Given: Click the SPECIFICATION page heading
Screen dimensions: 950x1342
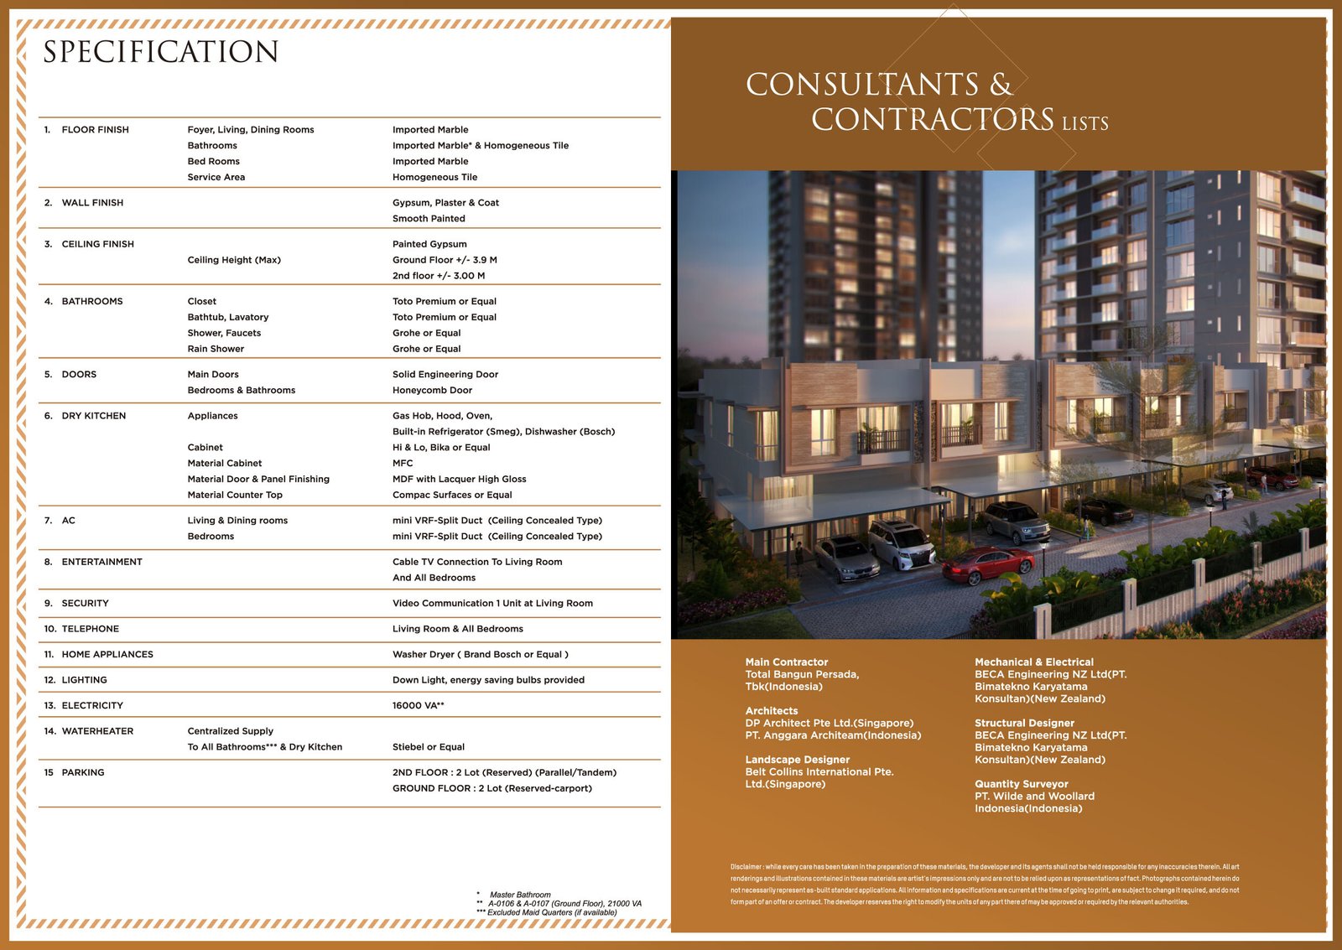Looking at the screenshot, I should [160, 52].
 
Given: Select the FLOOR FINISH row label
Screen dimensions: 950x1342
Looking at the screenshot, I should [95, 130].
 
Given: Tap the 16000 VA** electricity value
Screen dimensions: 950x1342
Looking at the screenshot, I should [418, 706].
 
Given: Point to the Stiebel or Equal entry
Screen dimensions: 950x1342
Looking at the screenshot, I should [428, 747].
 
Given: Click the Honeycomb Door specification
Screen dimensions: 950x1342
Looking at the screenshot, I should [432, 391].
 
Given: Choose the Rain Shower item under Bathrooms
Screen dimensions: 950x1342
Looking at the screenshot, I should [216, 350].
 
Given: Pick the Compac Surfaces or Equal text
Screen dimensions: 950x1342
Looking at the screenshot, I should [451, 496].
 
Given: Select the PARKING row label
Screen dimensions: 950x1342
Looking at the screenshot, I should [82, 773].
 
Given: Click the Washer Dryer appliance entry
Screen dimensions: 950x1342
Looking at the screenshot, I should [480, 655].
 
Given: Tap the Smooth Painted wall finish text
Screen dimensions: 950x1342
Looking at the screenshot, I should [429, 219].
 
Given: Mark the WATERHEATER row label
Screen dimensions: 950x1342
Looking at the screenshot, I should [97, 731].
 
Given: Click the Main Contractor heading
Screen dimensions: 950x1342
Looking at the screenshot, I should [786, 662].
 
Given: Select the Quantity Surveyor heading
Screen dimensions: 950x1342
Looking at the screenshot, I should [1021, 784].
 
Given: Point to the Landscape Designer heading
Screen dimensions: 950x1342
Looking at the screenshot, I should [797, 760].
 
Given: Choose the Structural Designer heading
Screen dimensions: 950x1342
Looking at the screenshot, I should [1023, 723].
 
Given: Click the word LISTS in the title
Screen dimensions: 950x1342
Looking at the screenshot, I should [1085, 124].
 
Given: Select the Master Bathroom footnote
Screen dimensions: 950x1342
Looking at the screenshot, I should [519, 895].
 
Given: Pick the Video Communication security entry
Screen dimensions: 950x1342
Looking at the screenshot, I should [492, 604].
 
